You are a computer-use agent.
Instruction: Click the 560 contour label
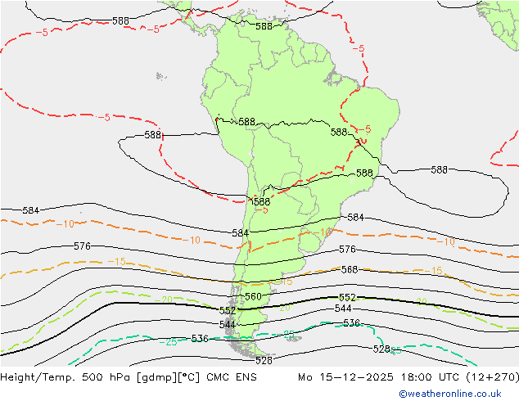253,296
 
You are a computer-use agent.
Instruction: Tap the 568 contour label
350,269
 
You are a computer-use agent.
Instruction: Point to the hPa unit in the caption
118,378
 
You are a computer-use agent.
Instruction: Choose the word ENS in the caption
244,378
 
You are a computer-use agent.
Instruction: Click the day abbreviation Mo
305,378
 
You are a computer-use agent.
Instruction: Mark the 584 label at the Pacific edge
30,210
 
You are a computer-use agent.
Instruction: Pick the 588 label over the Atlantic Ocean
439,170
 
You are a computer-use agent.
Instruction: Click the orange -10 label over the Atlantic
446,241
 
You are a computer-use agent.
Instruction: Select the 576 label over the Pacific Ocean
82,246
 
